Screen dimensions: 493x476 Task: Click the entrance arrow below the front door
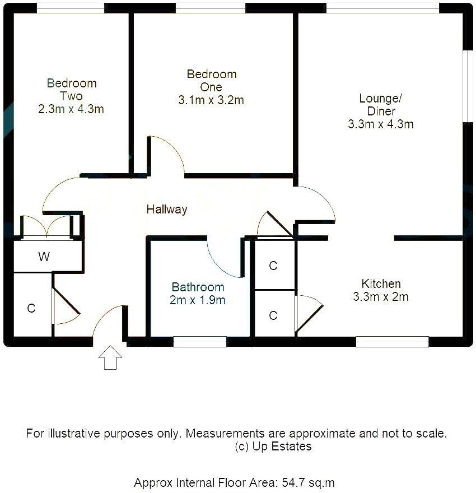click(x=110, y=357)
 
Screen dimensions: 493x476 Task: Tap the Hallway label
click(x=167, y=210)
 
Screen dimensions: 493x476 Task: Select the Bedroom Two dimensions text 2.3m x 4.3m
click(x=71, y=109)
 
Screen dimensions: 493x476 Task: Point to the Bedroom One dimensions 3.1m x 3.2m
click(x=211, y=100)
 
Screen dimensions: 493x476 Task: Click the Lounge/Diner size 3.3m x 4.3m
click(x=381, y=124)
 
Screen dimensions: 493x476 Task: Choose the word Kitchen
click(x=381, y=283)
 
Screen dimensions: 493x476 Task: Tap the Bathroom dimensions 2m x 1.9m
click(x=198, y=300)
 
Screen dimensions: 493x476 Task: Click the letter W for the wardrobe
click(x=44, y=257)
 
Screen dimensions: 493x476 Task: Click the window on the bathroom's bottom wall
click(x=199, y=341)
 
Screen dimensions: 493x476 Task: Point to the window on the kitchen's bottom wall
click(x=392, y=341)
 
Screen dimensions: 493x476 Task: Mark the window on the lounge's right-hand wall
click(x=464, y=86)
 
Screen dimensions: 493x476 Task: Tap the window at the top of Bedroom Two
click(x=71, y=8)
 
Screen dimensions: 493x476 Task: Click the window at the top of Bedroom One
click(x=210, y=8)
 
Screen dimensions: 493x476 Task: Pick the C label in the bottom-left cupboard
click(x=31, y=308)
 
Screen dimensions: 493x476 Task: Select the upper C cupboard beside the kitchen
click(x=273, y=266)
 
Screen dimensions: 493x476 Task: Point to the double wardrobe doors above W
click(x=48, y=227)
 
